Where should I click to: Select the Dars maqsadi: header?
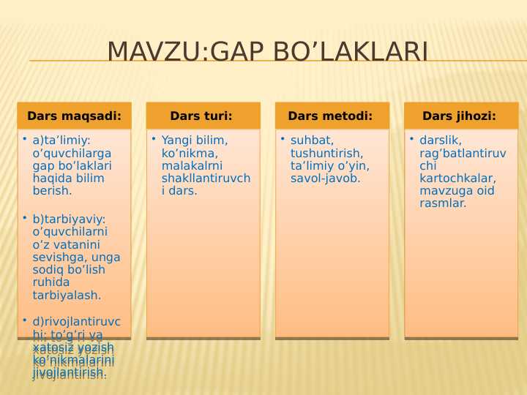coord(74,116)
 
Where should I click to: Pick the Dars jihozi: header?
coord(460,116)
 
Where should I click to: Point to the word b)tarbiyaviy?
coord(70,219)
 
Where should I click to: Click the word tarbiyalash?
coord(67,296)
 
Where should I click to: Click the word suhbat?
coord(312,140)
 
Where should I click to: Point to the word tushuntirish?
coord(326,153)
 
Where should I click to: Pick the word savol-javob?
coord(325,178)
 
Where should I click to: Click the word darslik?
coord(441,140)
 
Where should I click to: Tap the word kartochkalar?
coord(457,178)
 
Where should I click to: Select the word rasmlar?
coord(443,204)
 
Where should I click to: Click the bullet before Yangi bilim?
coord(154,138)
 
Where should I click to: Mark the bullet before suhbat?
coord(283,138)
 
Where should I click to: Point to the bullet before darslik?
coord(411,138)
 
